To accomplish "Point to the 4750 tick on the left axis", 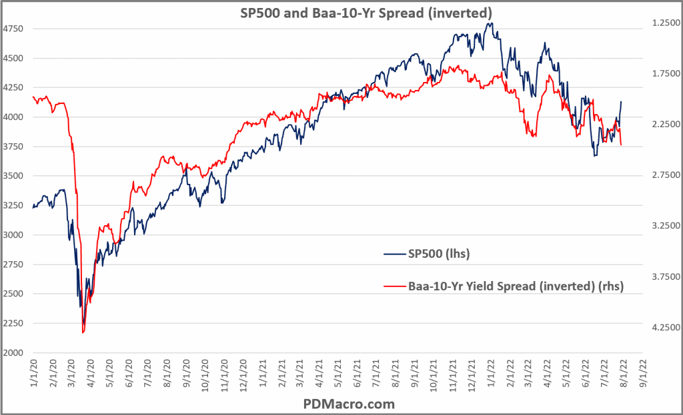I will click(15, 29).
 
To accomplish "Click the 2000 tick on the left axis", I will click(15, 352).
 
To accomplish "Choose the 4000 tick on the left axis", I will click(15, 117).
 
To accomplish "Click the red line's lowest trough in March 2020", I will click(83, 332).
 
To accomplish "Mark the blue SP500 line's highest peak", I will click(491, 23).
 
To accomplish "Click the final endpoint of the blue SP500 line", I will click(621, 102).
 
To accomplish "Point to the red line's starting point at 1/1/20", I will click(33, 97).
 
